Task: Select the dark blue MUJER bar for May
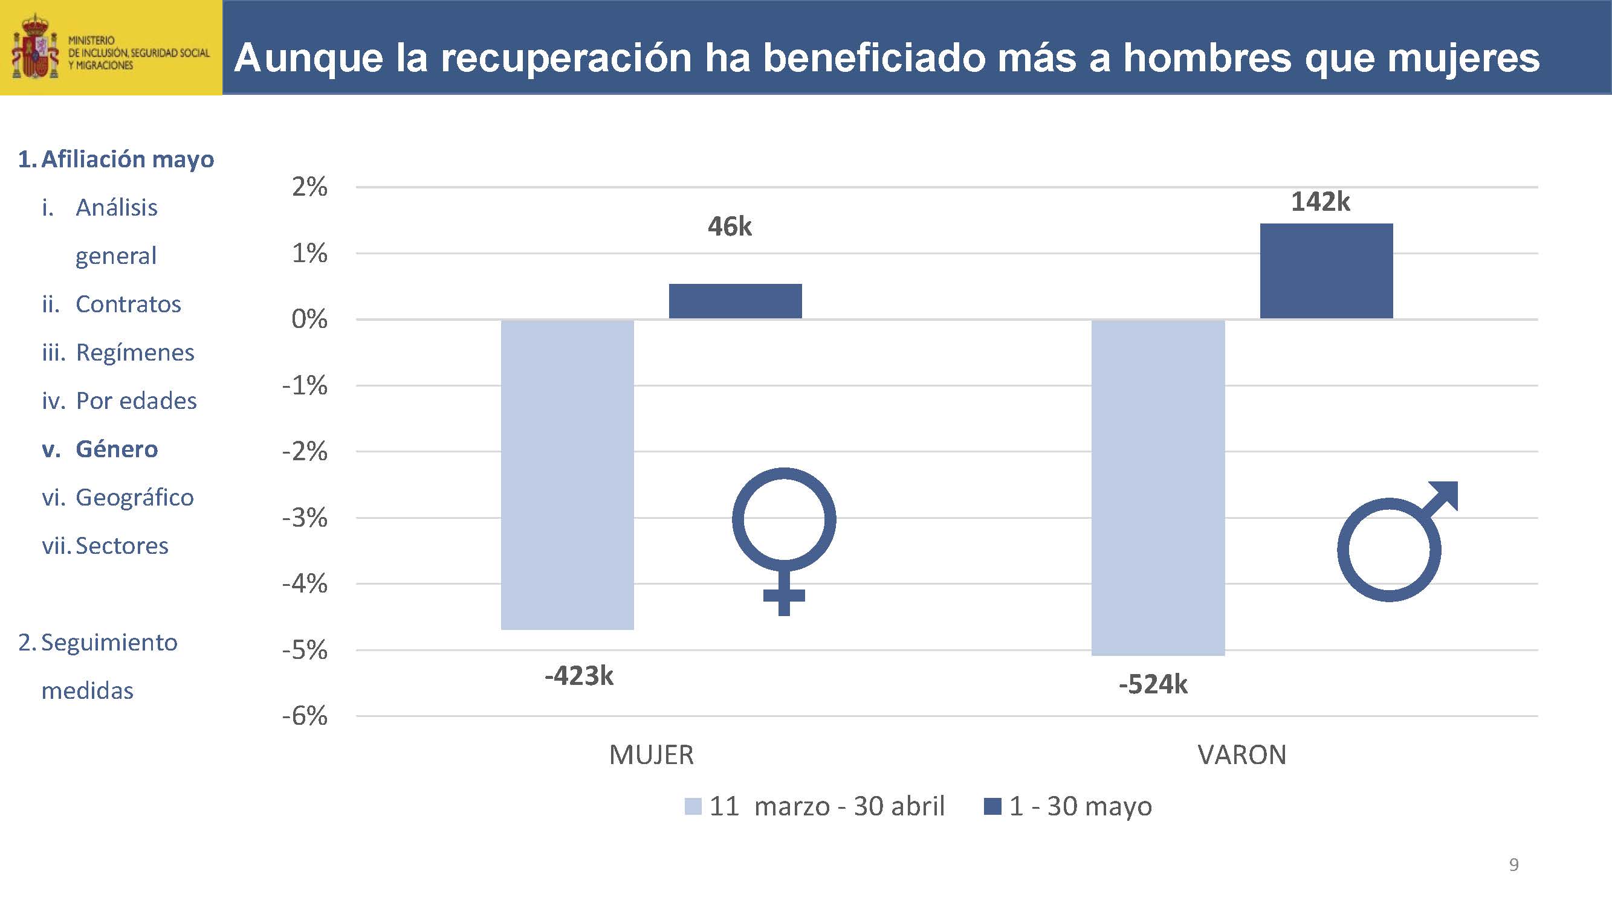[736, 301]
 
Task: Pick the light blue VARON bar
[1157, 487]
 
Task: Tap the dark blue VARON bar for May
[1326, 271]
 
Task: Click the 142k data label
[1321, 202]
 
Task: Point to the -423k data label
[579, 676]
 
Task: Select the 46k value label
[730, 226]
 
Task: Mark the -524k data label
[1153, 685]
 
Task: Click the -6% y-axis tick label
[305, 715]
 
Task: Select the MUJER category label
[651, 754]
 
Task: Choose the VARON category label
[1241, 754]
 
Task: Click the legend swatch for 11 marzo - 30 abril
[693, 806]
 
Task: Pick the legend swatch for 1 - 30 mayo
[992, 806]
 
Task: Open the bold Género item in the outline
[117, 449]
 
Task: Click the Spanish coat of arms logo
[35, 48]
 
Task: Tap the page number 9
[1513, 864]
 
